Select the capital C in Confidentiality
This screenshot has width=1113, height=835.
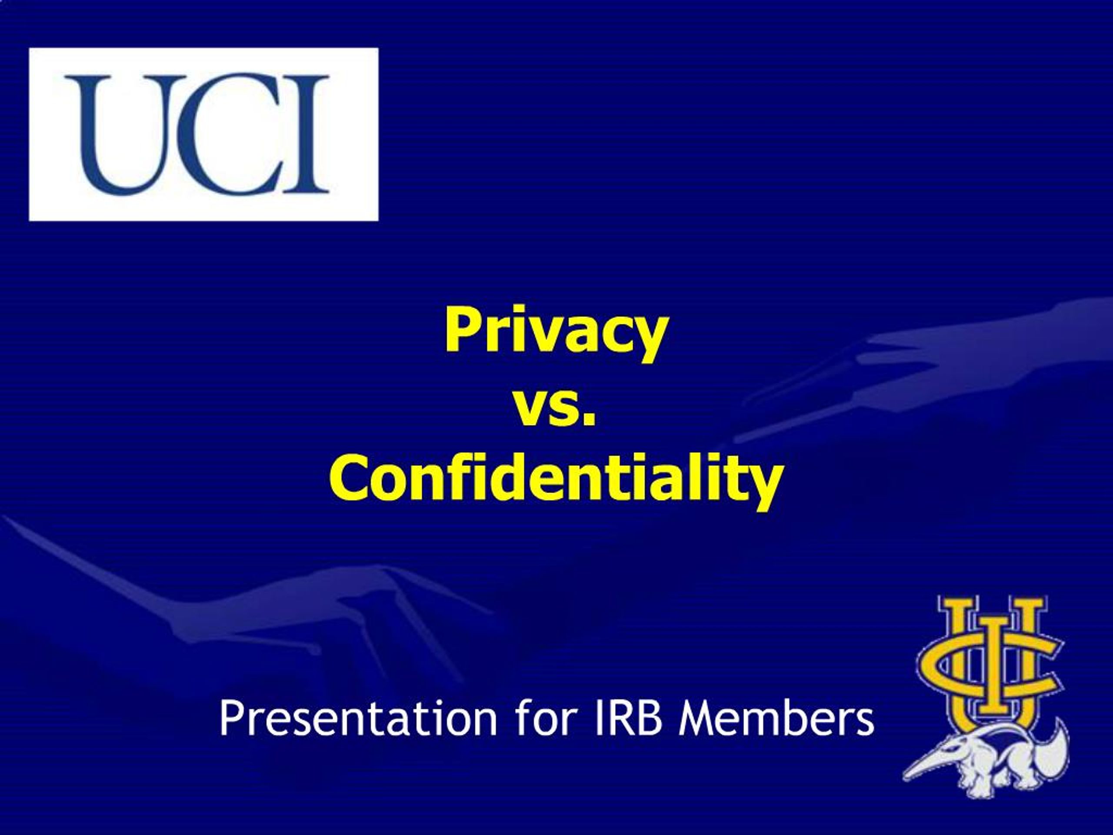pyautogui.click(x=348, y=478)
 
